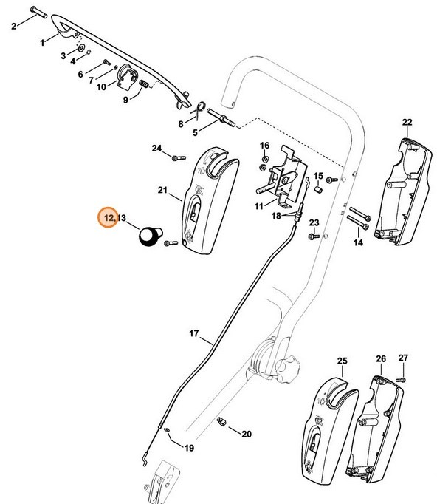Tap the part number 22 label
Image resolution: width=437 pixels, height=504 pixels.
pos(407,122)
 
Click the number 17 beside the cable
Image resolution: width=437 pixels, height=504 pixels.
pos(194,334)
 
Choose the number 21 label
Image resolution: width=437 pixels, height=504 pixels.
pos(163,191)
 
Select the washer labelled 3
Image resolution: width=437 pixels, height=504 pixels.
pos(80,55)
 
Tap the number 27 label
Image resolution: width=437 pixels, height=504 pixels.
pos(403,358)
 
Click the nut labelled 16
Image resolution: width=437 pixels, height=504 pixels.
pos(265,158)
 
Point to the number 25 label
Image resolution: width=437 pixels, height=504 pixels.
pos(342,361)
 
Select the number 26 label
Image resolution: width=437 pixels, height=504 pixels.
pos(381,359)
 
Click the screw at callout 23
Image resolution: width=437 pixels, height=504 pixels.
pos(313,236)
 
